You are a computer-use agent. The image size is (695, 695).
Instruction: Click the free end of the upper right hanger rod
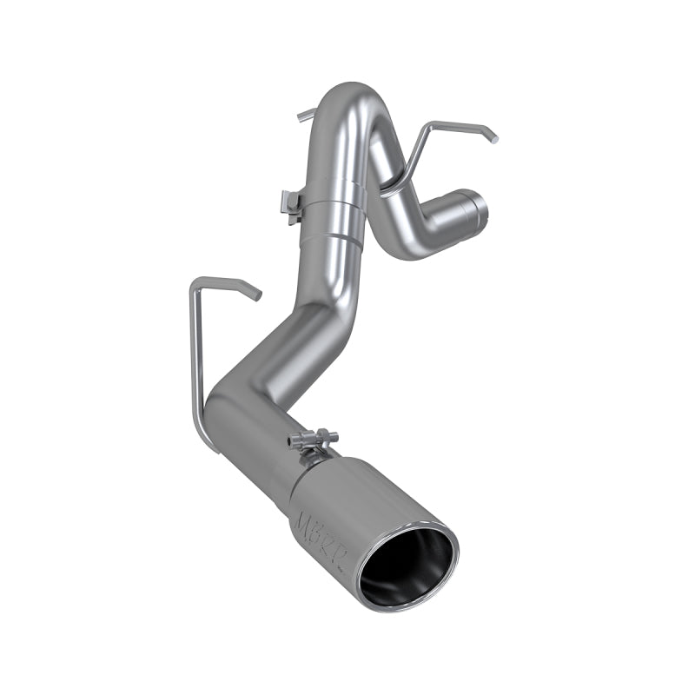pos(493,136)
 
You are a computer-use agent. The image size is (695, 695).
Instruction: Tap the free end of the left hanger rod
pos(255,294)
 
